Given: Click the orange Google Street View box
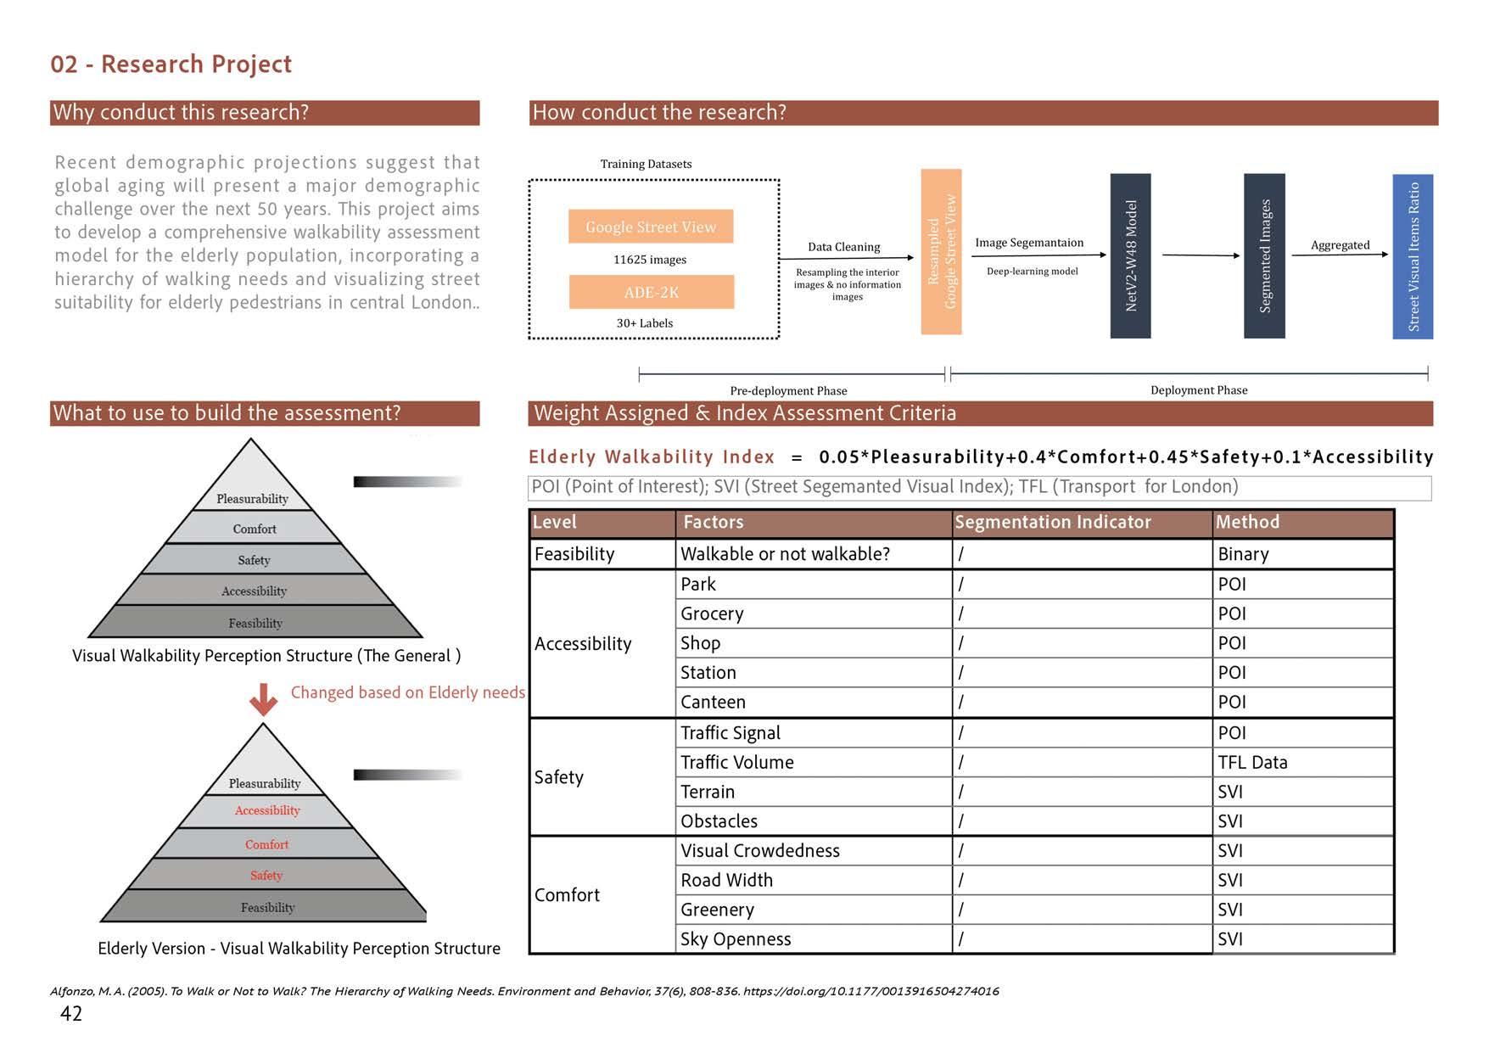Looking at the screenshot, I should click(x=651, y=227).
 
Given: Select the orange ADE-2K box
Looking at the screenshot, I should click(x=651, y=292).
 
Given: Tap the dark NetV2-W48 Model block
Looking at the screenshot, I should click(x=1130, y=255).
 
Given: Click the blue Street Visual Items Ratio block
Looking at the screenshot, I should click(x=1413, y=255).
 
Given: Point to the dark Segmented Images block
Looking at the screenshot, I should click(x=1264, y=255).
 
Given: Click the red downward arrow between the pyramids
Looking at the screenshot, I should click(x=263, y=698).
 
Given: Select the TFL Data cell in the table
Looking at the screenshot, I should click(x=1252, y=762).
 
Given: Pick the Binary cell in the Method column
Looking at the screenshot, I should click(x=1243, y=554).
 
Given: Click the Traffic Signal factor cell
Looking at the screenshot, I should click(x=730, y=732).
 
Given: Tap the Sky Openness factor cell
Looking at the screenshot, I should click(x=735, y=938).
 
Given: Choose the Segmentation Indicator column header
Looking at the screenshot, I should click(x=1052, y=523).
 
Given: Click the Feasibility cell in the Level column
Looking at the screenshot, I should click(x=574, y=554).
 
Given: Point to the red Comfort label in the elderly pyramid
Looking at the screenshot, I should click(x=266, y=844).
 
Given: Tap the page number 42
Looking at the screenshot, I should click(x=71, y=1013).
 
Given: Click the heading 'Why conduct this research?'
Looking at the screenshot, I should click(x=181, y=113).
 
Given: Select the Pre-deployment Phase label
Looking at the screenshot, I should click(x=788, y=390).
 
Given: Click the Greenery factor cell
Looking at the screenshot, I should click(x=717, y=910).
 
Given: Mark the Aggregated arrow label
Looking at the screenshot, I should click(x=1340, y=245).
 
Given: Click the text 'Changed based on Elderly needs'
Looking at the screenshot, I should click(x=407, y=692).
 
